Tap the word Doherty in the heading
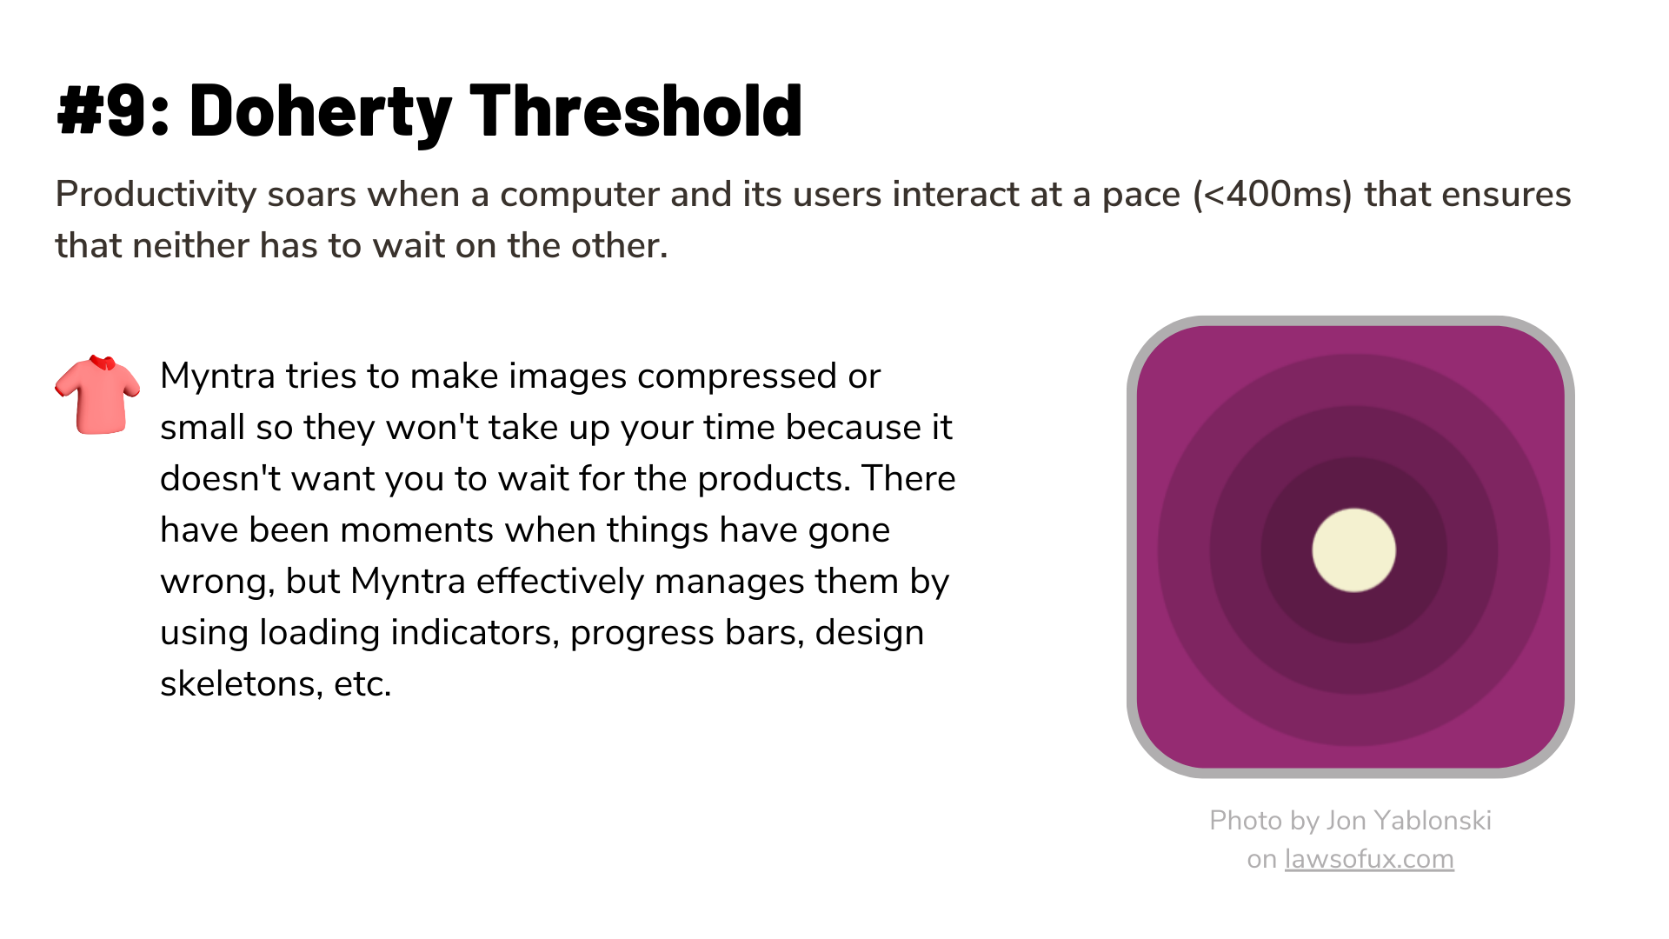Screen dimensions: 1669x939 click(x=320, y=112)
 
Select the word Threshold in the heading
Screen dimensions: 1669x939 click(x=636, y=110)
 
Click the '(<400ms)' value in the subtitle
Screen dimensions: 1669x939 click(x=1273, y=195)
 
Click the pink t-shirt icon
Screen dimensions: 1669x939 click(x=97, y=395)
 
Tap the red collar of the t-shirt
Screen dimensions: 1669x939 click(x=103, y=362)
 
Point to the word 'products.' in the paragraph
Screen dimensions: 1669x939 click(x=774, y=479)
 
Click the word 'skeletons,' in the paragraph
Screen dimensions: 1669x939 click(x=242, y=684)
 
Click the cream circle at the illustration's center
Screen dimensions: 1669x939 click(x=1353, y=550)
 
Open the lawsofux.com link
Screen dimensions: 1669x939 click(x=1369, y=859)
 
